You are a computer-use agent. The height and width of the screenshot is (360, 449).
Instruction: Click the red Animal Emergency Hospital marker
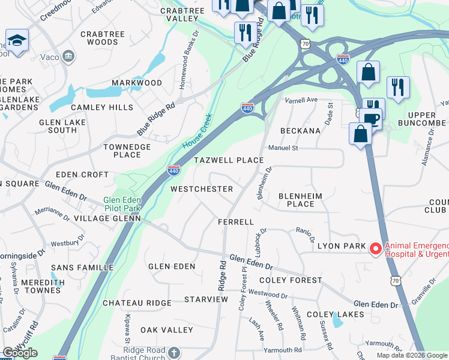[376, 248]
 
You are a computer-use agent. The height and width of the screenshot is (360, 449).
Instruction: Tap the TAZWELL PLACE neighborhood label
[229, 160]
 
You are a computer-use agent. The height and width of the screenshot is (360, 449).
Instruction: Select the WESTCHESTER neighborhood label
[202, 189]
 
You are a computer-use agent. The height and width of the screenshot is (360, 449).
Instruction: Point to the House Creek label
[197, 133]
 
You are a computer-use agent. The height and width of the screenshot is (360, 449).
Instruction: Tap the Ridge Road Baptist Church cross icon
[174, 353]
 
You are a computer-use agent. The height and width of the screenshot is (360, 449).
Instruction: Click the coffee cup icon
[372, 118]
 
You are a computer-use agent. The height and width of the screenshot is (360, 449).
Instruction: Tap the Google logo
[20, 353]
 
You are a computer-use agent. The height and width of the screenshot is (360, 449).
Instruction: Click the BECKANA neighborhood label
[300, 131]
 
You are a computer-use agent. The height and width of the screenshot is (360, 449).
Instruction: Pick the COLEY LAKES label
[335, 314]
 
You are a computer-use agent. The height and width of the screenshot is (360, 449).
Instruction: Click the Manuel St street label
[283, 147]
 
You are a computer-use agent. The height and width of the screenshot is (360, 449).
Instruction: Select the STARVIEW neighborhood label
[206, 299]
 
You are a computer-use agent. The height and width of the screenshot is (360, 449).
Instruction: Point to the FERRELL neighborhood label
[236, 222]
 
